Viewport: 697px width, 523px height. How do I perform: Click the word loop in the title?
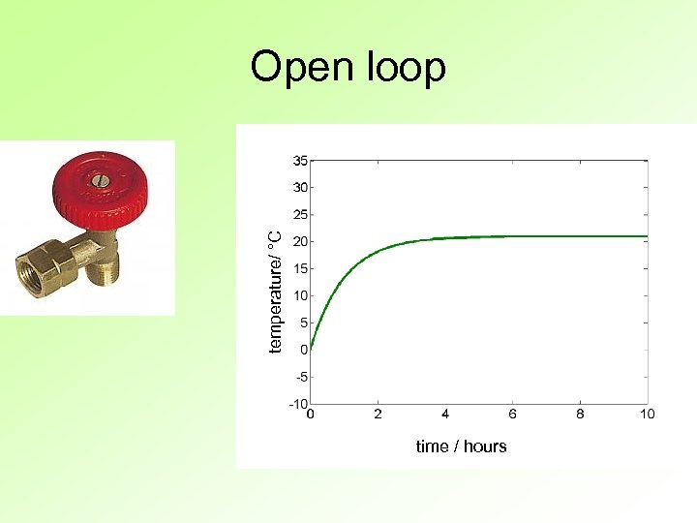tap(407, 69)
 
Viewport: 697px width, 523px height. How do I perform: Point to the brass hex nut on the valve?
tap(45, 268)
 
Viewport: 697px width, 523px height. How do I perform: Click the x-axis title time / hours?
tap(461, 446)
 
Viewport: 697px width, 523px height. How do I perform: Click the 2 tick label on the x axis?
tap(378, 415)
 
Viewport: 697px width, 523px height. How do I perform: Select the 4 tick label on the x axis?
tap(445, 415)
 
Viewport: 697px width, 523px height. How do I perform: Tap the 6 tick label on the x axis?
tap(513, 415)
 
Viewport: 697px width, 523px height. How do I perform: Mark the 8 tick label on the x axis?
tap(580, 415)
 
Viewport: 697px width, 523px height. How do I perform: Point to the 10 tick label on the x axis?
tap(647, 415)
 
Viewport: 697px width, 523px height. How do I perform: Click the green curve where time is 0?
tap(312, 346)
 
